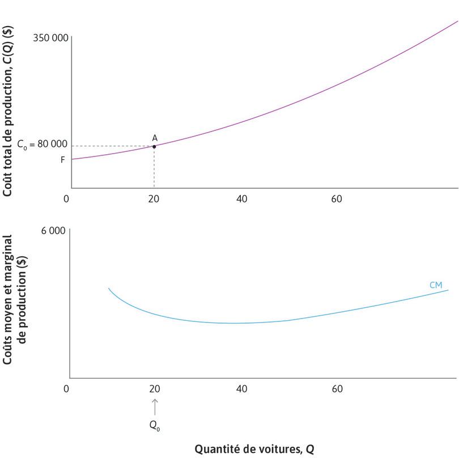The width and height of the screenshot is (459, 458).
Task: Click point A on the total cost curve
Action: coord(154,146)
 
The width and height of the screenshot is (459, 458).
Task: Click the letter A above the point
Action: coord(155,138)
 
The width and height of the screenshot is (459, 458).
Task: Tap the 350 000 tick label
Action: coord(51,38)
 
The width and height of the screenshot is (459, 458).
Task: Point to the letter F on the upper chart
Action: coord(63,160)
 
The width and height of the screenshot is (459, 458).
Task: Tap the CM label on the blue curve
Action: coord(435,285)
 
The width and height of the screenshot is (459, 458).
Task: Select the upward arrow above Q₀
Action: coord(155,406)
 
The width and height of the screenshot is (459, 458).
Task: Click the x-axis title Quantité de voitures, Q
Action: coord(254,449)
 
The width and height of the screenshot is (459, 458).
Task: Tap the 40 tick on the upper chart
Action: coord(242,199)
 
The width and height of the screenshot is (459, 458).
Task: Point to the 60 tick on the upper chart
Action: coord(337,199)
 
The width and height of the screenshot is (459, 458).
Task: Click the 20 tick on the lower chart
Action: coord(154,389)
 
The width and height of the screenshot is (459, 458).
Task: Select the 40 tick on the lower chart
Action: coord(242,389)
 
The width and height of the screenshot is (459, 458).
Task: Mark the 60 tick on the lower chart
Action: coord(337,389)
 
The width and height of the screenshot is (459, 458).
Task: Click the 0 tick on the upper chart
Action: coord(66,199)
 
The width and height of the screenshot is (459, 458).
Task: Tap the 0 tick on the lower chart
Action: coord(66,389)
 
